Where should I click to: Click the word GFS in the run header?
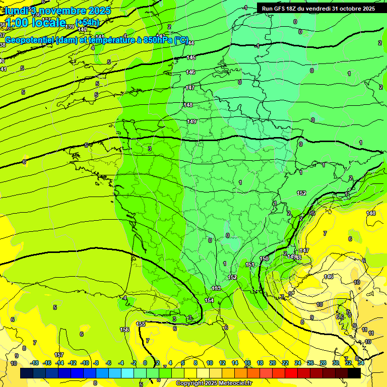click(281, 9)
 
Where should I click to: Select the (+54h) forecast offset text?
click(87, 23)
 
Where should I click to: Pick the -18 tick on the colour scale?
click(35, 363)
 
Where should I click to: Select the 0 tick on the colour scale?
click(145, 363)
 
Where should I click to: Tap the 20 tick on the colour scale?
click(273, 363)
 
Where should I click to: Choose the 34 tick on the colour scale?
click(361, 363)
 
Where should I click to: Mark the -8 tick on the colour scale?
click(96, 363)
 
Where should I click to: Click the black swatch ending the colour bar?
click(354, 373)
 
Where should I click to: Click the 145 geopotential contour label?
click(191, 58)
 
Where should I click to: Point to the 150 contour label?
click(264, 259)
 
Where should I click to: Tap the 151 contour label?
click(250, 265)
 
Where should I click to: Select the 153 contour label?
click(216, 288)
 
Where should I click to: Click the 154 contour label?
click(209, 300)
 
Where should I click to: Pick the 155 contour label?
click(141, 324)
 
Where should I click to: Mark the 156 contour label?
click(124, 330)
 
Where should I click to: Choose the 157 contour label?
click(59, 355)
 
